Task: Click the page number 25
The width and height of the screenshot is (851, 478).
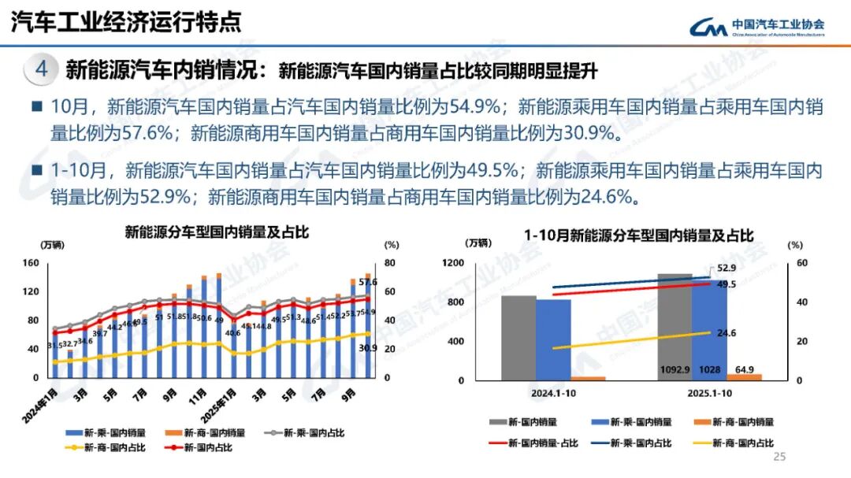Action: (780, 458)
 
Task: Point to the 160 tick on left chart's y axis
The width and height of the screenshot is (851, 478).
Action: (31, 263)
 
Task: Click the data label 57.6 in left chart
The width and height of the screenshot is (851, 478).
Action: (368, 282)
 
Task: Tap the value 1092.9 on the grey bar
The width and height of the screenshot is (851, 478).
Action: (674, 370)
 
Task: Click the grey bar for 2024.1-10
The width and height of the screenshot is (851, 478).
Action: (518, 338)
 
